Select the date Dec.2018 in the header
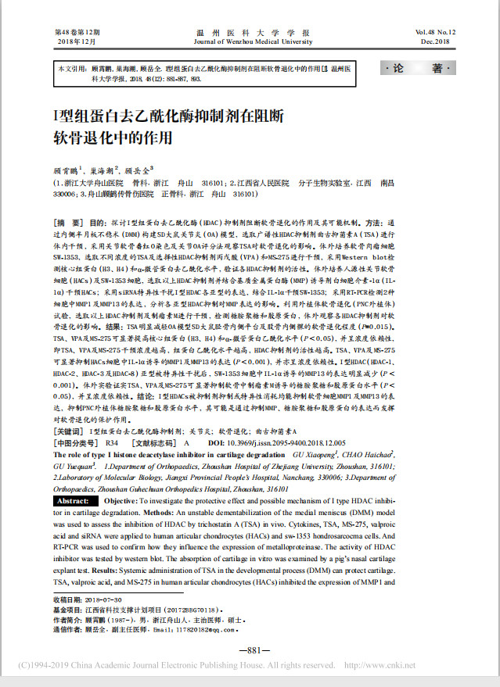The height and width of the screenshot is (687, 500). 438,41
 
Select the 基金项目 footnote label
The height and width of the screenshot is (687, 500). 68,609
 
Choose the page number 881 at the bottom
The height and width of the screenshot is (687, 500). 249,650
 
